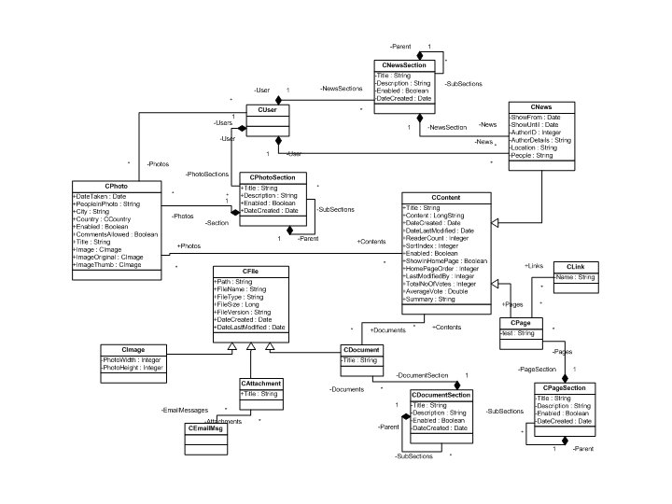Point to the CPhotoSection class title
click(x=273, y=177)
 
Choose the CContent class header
click(x=447, y=198)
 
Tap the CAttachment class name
click(x=260, y=383)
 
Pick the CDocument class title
click(x=359, y=350)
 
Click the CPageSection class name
click(x=563, y=387)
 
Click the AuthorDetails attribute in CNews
click(x=541, y=139)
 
